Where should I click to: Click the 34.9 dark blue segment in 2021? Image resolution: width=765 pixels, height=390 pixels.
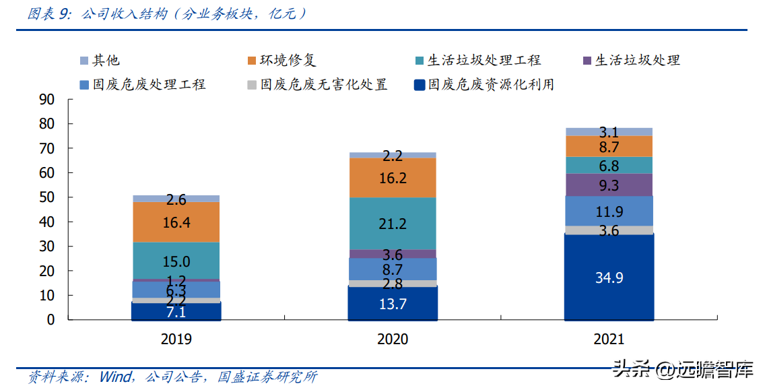pyautogui.click(x=609, y=277)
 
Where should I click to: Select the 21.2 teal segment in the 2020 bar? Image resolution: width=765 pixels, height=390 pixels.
pyautogui.click(x=393, y=224)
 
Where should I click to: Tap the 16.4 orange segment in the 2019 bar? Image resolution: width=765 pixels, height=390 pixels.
pyautogui.click(x=176, y=222)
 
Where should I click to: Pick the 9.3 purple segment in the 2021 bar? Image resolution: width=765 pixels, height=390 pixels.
pyautogui.click(x=609, y=185)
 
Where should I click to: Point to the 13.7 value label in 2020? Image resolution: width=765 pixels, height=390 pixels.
pyautogui.click(x=393, y=304)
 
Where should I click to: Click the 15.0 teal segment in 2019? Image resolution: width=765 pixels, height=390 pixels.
pyautogui.click(x=176, y=261)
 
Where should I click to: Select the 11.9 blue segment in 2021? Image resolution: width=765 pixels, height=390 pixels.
pyautogui.click(x=609, y=211)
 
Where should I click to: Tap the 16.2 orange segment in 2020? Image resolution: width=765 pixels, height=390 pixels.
pyautogui.click(x=393, y=178)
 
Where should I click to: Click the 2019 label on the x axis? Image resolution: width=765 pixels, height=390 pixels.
pyautogui.click(x=176, y=339)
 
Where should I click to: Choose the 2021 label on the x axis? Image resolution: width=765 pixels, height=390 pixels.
pyautogui.click(x=609, y=339)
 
